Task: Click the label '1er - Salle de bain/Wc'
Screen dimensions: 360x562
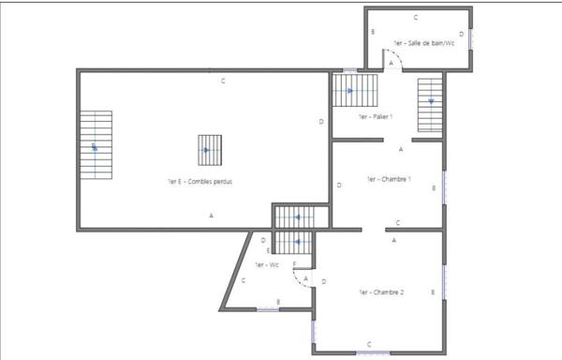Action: pyautogui.click(x=424, y=43)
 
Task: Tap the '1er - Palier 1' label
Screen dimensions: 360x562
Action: pyautogui.click(x=375, y=117)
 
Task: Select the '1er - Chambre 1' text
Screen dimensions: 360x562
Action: pyautogui.click(x=389, y=178)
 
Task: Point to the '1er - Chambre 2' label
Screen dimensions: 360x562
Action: pyautogui.click(x=381, y=292)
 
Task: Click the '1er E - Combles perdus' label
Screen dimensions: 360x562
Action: pyautogui.click(x=200, y=181)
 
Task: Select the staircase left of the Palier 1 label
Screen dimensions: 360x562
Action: pyautogui.click(x=353, y=92)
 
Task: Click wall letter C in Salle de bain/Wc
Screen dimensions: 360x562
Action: pyautogui.click(x=416, y=18)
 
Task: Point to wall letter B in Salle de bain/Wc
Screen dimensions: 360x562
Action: pyautogui.click(x=373, y=33)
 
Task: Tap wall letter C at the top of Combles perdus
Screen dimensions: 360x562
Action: pyautogui.click(x=223, y=82)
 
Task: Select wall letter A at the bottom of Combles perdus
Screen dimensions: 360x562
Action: pyautogui.click(x=212, y=217)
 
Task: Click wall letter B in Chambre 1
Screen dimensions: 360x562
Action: pyautogui.click(x=433, y=187)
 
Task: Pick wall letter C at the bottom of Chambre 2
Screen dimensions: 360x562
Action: pyautogui.click(x=369, y=343)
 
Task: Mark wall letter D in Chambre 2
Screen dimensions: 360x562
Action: pyautogui.click(x=323, y=281)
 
